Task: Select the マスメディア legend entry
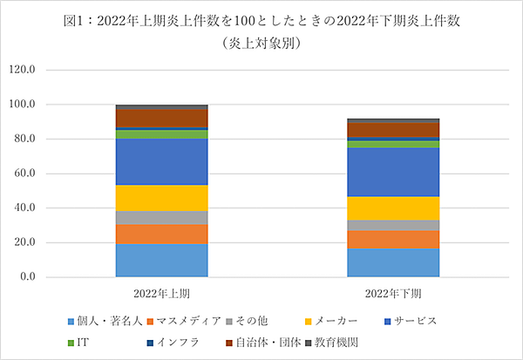point(187,322)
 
